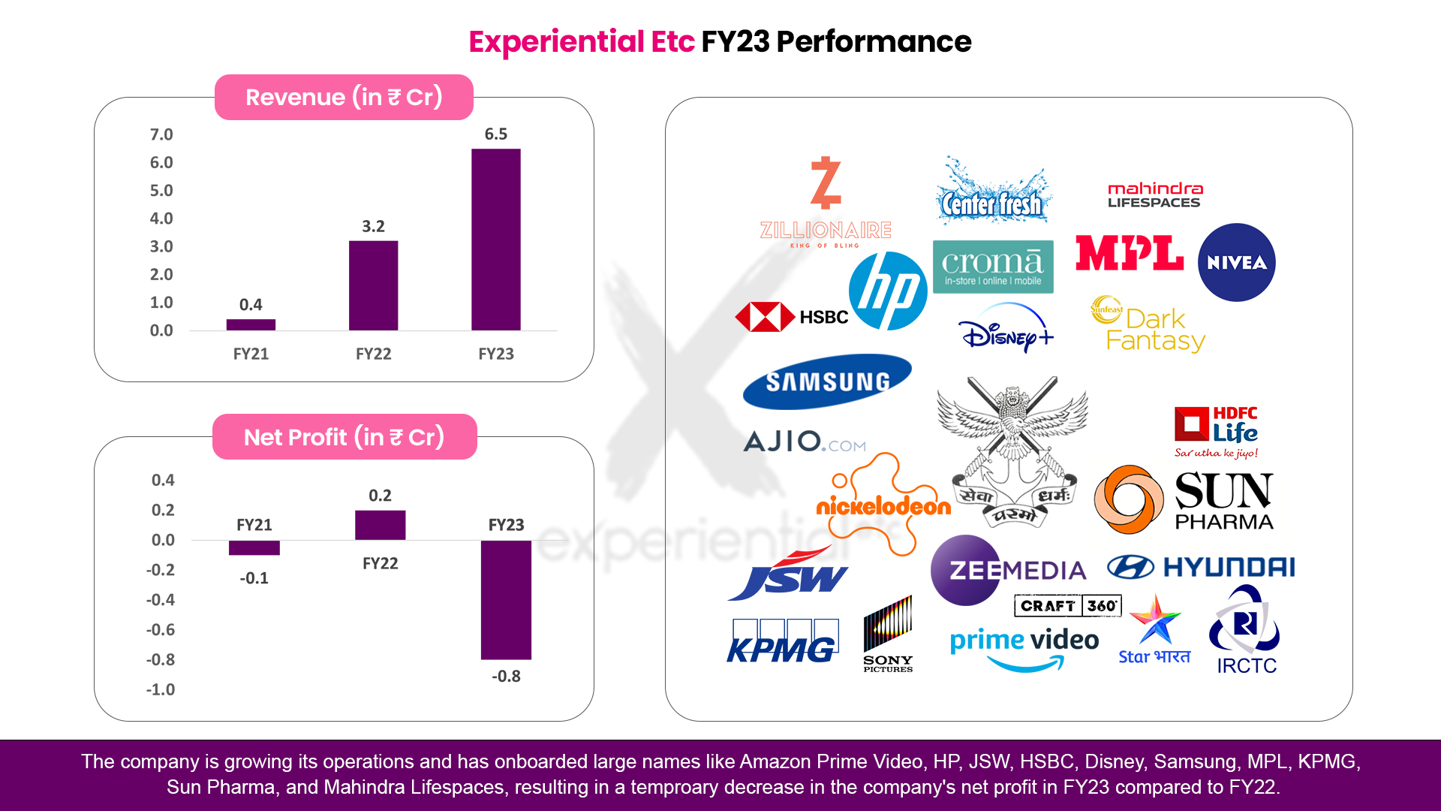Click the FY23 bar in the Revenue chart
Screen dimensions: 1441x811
click(x=495, y=240)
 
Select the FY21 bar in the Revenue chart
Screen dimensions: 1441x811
click(x=251, y=324)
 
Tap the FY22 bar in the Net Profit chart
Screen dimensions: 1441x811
click(x=381, y=525)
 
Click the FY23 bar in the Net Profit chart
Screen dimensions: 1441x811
click(x=506, y=600)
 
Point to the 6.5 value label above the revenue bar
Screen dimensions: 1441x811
click(x=496, y=134)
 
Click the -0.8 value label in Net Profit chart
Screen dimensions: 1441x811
click(x=506, y=676)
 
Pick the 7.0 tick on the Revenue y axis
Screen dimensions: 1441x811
click(x=161, y=134)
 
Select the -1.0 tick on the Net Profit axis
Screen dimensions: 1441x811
click(x=161, y=689)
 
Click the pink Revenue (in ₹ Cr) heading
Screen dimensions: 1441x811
click(x=344, y=97)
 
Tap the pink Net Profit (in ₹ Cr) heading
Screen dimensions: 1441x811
click(x=344, y=437)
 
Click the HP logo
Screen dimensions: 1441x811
click(x=888, y=291)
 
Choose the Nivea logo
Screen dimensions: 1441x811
click(x=1237, y=262)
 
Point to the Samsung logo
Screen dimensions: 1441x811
click(x=827, y=381)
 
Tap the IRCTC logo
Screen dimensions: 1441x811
click(x=1246, y=630)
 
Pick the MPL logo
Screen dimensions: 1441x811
click(x=1130, y=253)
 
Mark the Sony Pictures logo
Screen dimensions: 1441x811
click(x=888, y=634)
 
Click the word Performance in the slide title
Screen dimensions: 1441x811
click(x=874, y=42)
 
